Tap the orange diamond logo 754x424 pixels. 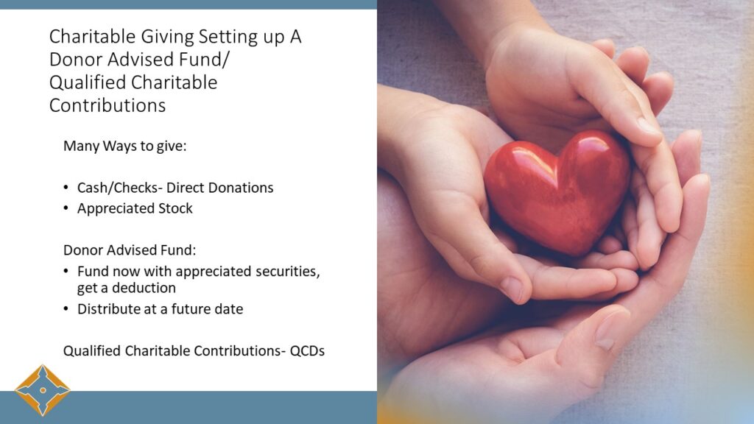click(x=43, y=390)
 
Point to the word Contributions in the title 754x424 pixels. click(x=108, y=105)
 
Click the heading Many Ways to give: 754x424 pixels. click(x=124, y=146)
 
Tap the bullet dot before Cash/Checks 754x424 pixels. click(x=66, y=188)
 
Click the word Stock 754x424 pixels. click(x=176, y=208)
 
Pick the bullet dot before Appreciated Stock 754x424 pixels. click(x=66, y=208)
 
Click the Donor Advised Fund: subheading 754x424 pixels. click(x=130, y=250)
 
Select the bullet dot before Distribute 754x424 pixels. click(x=66, y=308)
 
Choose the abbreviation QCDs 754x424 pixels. click(x=307, y=351)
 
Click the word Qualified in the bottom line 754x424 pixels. click(x=92, y=351)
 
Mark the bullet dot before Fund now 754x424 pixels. click(x=66, y=271)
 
